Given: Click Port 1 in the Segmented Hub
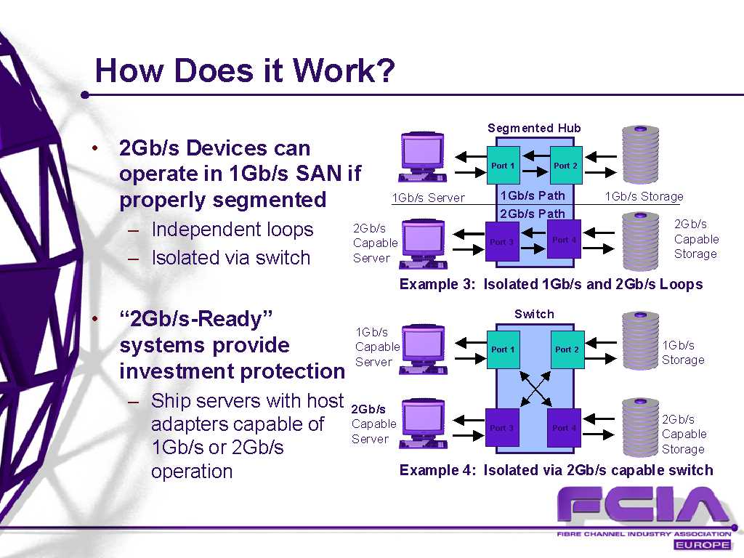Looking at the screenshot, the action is tap(503, 165).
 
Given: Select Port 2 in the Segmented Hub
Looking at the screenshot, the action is tap(565, 165).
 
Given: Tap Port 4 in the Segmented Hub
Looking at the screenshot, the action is tap(564, 240).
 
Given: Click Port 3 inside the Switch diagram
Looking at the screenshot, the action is tap(502, 427).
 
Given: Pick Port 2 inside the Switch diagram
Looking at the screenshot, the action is tap(567, 349).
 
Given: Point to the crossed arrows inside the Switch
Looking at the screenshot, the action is tap(535, 389).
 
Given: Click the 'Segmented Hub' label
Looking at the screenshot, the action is tap(534, 128).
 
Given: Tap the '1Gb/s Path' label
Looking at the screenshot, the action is tap(533, 195).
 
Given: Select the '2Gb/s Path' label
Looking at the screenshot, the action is tap(533, 214).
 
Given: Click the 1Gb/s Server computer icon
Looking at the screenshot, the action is tap(423, 158).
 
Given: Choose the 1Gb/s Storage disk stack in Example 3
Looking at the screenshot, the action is tap(640, 155).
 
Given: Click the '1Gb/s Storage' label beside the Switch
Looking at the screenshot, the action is tap(683, 352).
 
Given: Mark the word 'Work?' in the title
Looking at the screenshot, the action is tap(344, 70).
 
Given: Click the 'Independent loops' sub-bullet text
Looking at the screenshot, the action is tap(232, 230).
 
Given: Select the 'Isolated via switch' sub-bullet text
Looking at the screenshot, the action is tap(230, 258).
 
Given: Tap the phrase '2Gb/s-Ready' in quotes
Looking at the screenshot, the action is tap(196, 319).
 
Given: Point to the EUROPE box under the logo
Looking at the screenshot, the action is tap(703, 545).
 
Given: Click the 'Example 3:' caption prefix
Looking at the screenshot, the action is tap(437, 284).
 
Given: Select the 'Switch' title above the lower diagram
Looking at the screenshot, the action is tap(534, 314).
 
